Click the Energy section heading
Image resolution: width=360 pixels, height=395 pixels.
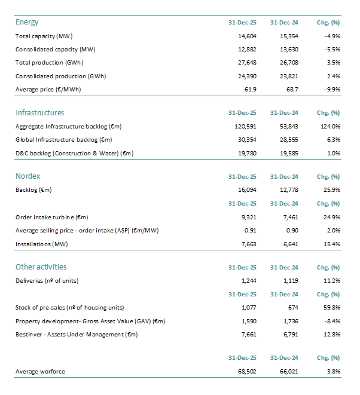[x=27, y=22]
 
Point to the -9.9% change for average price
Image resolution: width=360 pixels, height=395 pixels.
[x=330, y=89]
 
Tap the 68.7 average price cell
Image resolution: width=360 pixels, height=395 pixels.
[x=289, y=89]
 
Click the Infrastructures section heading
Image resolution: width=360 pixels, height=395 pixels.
[x=39, y=112]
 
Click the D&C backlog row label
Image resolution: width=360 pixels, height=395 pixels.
[x=74, y=153]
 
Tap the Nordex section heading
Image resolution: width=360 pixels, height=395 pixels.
[x=28, y=176]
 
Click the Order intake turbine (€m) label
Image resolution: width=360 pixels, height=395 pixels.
[x=56, y=217]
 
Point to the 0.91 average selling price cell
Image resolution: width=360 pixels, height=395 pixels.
[x=250, y=230]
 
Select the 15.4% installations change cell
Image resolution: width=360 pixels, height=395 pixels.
[x=331, y=244]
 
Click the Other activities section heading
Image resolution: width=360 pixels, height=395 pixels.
[x=41, y=267]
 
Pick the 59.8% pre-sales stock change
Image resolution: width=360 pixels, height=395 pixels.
[x=331, y=308]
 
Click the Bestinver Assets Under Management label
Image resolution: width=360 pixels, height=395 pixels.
[x=77, y=334]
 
